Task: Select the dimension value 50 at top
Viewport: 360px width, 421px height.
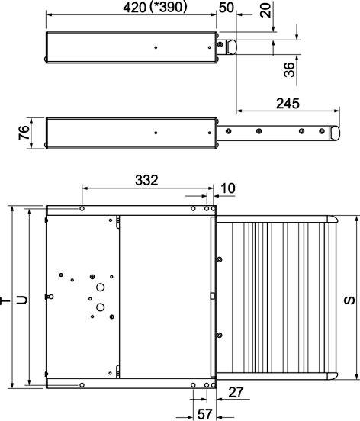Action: tap(227, 8)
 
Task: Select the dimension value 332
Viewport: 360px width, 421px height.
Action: tap(146, 181)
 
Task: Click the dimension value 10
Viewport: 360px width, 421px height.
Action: tap(228, 188)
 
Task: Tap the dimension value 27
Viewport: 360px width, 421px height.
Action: tap(236, 392)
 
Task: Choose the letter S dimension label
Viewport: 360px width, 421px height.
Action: tap(350, 300)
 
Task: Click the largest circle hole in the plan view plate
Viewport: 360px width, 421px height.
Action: tap(100, 307)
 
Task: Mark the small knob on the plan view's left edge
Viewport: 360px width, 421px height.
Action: tap(48, 296)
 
